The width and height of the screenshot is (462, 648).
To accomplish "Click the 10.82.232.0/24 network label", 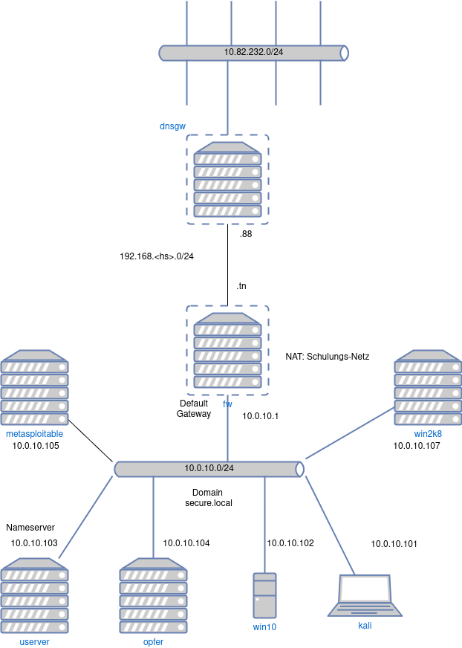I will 253,52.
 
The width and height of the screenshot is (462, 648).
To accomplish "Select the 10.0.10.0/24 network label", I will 209,468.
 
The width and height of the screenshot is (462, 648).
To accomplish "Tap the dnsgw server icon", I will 227,179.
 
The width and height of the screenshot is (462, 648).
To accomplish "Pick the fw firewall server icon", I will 227,350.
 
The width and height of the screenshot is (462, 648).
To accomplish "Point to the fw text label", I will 227,404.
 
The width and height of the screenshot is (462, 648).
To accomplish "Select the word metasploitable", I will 34,433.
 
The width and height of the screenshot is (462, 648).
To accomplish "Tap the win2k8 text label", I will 428,433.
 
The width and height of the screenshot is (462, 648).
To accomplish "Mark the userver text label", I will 34,641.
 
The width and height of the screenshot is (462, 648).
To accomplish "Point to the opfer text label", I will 153,641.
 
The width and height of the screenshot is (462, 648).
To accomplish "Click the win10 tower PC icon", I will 264,595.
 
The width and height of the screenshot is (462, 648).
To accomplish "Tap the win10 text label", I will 264,626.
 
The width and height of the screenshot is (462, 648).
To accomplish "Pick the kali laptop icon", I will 365,594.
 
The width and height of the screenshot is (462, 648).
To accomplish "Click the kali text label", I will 365,626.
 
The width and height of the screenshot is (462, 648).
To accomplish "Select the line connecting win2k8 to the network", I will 349,433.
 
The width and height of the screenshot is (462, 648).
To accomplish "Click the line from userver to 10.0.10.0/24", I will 85,517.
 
